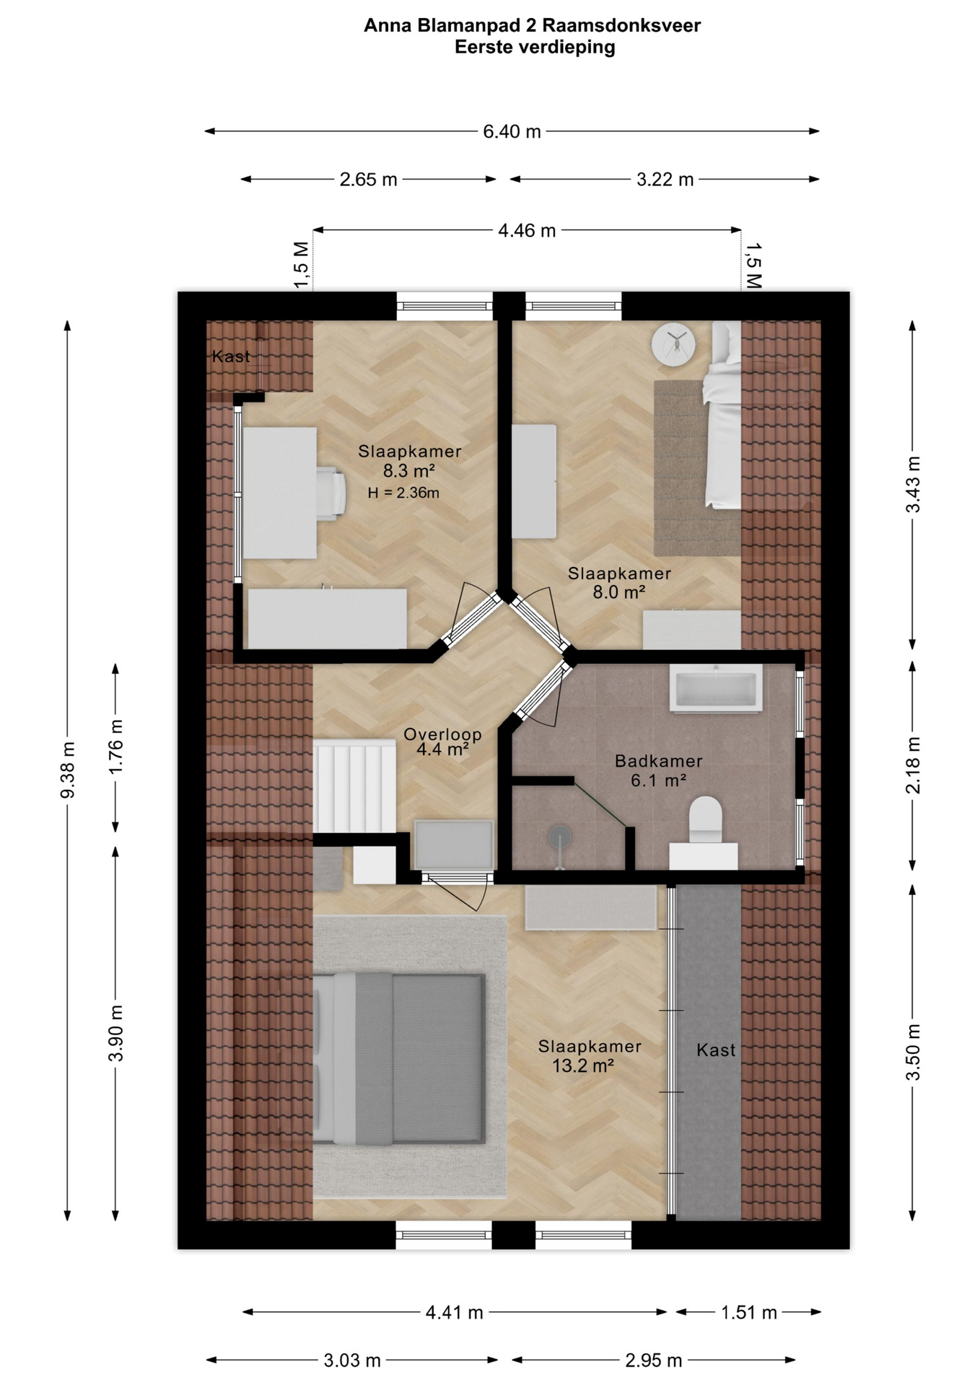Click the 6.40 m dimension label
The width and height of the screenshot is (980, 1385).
click(512, 132)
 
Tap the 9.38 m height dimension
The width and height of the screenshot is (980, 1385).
click(68, 770)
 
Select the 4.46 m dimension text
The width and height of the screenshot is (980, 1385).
click(527, 231)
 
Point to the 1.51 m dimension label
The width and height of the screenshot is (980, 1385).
click(748, 1312)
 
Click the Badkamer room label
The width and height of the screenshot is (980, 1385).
click(658, 761)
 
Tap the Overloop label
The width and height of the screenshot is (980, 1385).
click(442, 734)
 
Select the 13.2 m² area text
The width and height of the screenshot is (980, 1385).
click(583, 1065)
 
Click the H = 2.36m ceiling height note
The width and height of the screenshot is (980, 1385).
click(403, 493)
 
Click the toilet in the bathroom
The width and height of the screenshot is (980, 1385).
click(705, 820)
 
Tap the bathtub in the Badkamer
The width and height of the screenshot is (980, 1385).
click(716, 689)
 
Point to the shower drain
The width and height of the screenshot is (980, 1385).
click(559, 837)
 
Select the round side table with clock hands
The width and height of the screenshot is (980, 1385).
click(673, 344)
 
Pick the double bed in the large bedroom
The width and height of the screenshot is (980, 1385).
click(398, 1059)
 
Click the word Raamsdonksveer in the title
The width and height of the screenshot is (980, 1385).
click(621, 26)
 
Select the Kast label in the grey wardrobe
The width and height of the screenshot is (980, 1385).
click(716, 1050)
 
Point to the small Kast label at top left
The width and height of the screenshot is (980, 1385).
click(231, 356)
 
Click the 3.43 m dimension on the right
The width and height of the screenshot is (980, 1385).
click(913, 485)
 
